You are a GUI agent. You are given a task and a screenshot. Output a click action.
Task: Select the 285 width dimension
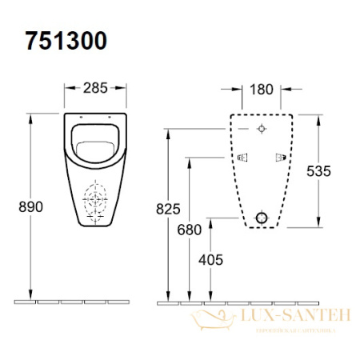(x=96, y=86)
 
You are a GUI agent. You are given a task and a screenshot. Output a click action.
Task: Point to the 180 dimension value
(x=263, y=86)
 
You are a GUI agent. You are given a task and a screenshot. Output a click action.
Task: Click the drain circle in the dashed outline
(x=261, y=218)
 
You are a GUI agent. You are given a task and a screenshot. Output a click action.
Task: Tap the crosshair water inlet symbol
(x=262, y=130)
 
